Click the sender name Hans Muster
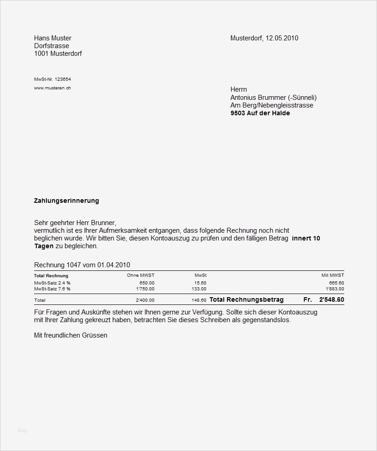point(53,38)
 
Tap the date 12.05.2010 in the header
point(282,38)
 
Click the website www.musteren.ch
point(52,88)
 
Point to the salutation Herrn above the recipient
point(239,89)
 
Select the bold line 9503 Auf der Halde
point(260,113)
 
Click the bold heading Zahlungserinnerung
point(66,201)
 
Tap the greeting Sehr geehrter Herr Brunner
point(75,223)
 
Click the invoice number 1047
point(74,265)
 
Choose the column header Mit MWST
point(333,275)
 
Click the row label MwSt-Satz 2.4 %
point(52,283)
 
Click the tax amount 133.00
point(199,289)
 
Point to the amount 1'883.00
point(335,289)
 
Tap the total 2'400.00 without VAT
point(145,300)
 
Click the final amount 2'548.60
point(332,299)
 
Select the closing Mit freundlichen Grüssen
point(70,335)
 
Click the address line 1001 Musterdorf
point(58,54)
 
